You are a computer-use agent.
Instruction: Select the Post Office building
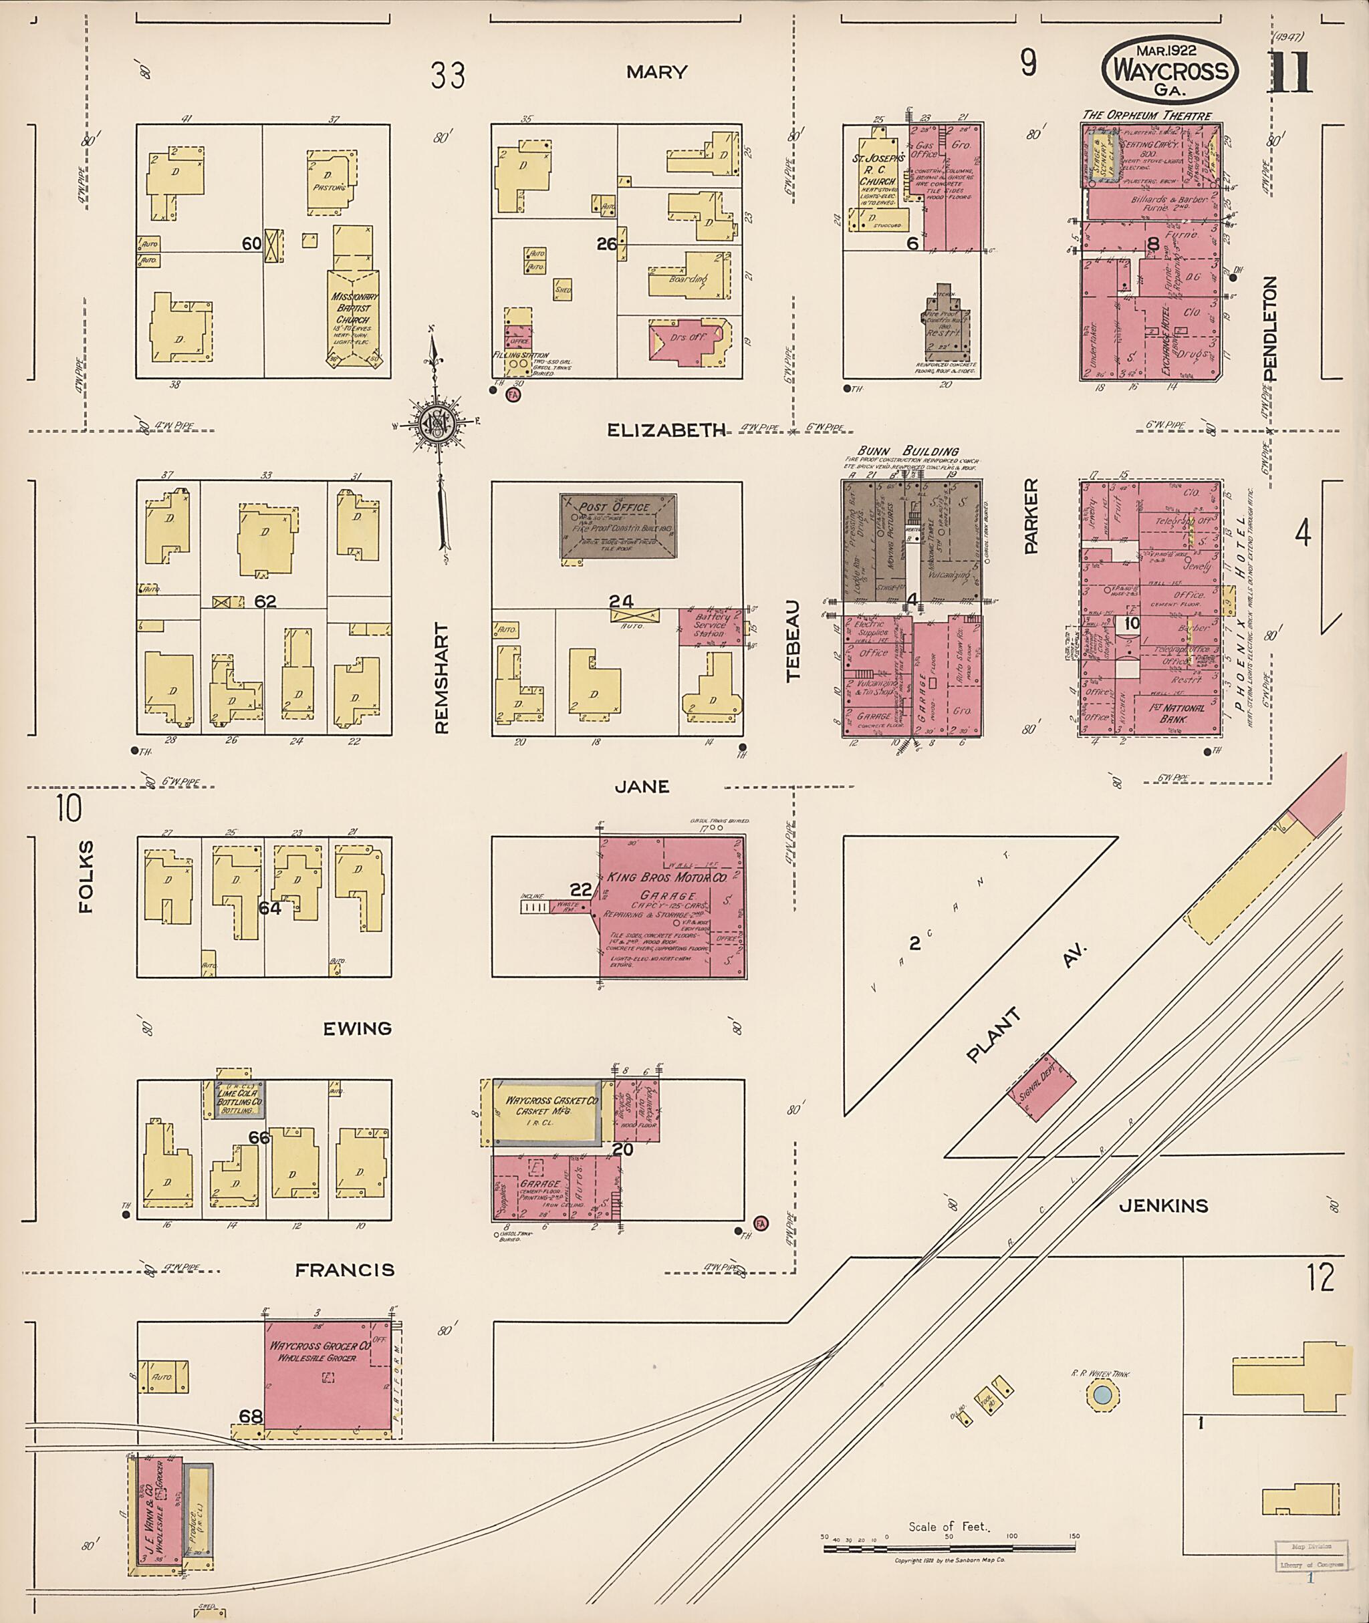[x=618, y=525]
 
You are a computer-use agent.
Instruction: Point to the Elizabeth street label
[x=666, y=430]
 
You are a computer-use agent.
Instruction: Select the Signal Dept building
[x=1041, y=1087]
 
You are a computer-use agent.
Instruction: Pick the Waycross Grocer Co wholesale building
[x=327, y=1372]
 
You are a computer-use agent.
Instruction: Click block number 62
[x=265, y=601]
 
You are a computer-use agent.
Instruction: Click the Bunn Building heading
[x=907, y=451]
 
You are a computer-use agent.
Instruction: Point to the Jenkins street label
[x=1162, y=1205]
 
